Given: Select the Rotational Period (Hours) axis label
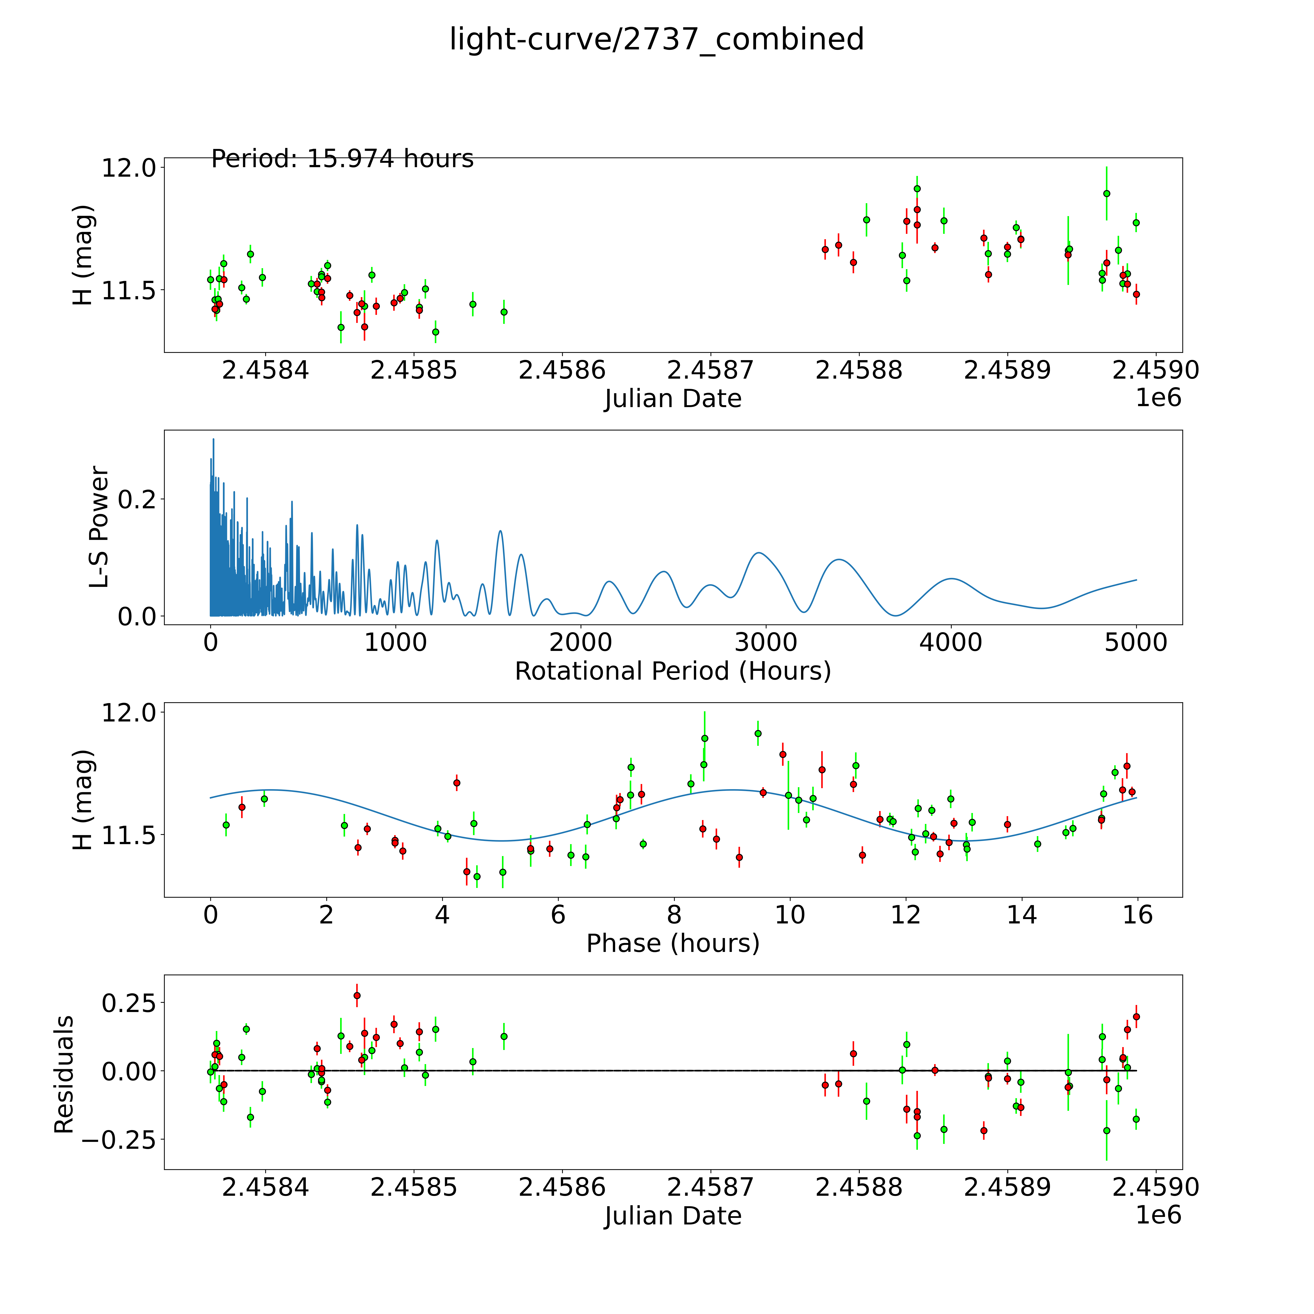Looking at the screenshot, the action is [673, 671].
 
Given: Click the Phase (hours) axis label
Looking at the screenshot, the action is [673, 943].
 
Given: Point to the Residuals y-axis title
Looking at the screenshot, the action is [63, 1075].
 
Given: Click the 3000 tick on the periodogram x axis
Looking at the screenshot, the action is [766, 642].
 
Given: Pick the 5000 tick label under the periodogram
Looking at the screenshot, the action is [1136, 642].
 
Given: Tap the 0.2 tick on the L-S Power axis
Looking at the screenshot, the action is [137, 499].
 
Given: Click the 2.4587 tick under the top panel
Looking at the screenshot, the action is [710, 371].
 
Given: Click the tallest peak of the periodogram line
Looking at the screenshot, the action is [214, 439].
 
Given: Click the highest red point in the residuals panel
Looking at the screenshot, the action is [357, 995].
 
